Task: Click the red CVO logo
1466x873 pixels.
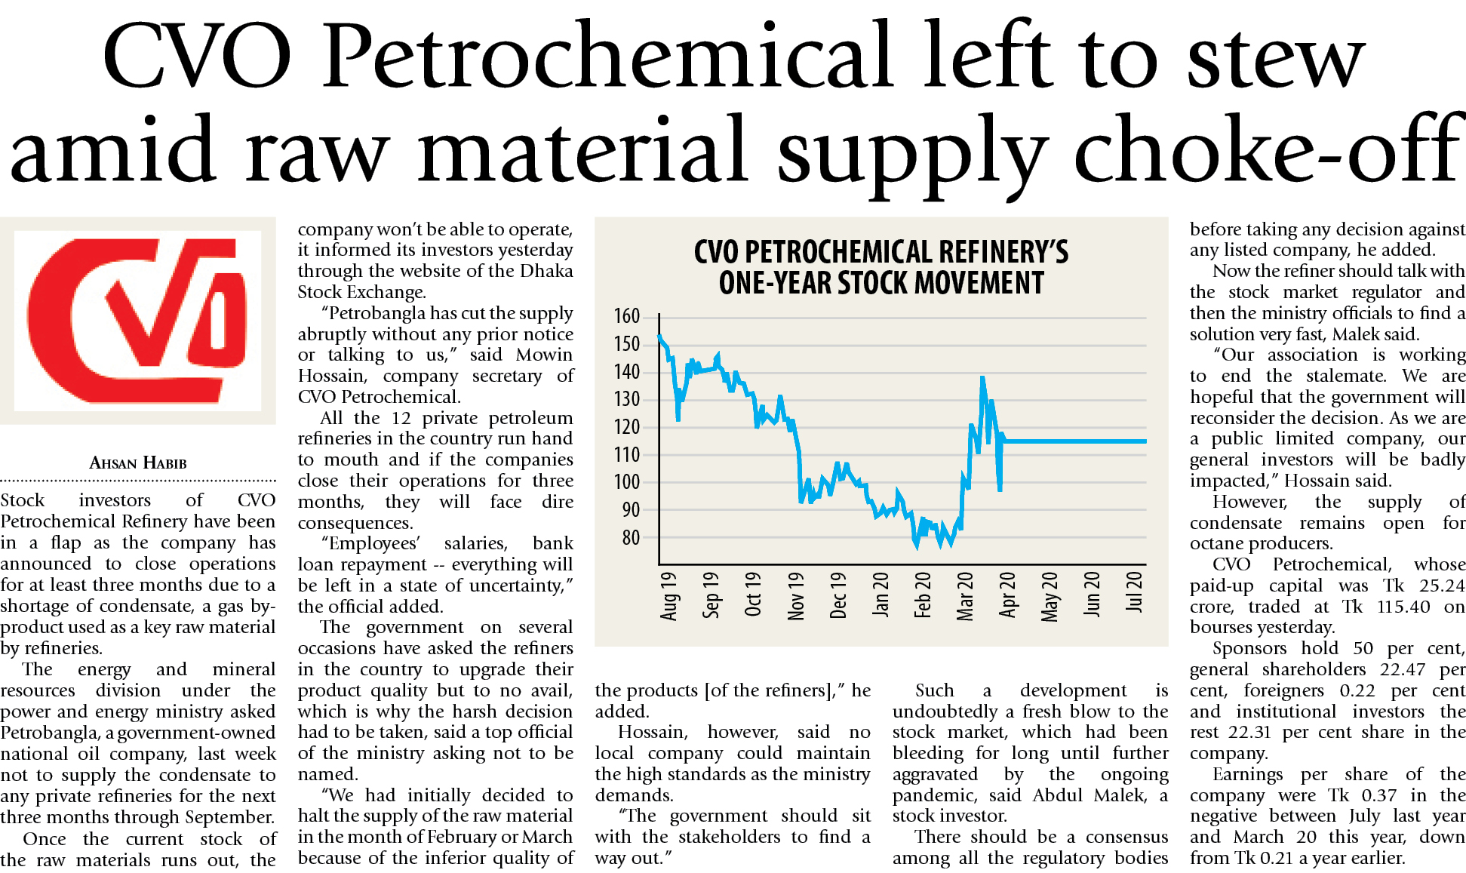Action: coord(137,320)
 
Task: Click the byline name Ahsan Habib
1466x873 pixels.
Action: coord(138,463)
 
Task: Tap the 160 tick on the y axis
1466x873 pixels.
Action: coord(627,315)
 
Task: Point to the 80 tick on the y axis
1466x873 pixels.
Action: coord(631,537)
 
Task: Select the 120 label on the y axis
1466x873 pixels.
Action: coord(627,426)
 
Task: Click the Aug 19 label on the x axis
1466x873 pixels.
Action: coord(669,596)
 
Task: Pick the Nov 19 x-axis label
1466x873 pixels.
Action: coord(796,596)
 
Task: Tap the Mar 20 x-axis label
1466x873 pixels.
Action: coord(965,596)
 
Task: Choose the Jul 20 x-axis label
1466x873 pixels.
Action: coord(1134,592)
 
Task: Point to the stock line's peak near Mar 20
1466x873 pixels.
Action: coord(982,377)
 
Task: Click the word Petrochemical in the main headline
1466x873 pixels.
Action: coord(607,57)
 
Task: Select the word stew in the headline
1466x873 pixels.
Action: coord(1275,57)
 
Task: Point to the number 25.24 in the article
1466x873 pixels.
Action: coord(1442,586)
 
